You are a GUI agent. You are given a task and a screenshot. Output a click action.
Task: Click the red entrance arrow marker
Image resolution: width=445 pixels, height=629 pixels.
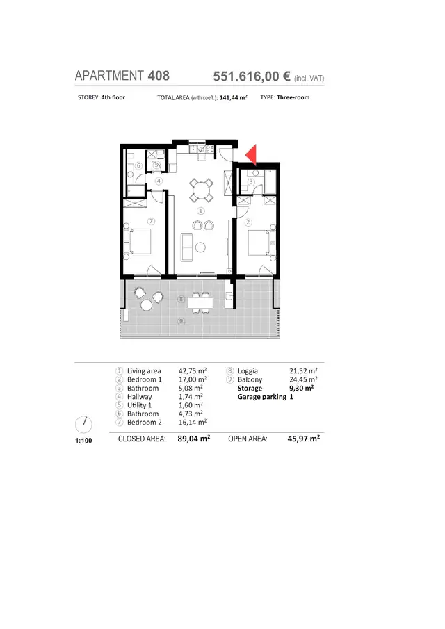(x=252, y=155)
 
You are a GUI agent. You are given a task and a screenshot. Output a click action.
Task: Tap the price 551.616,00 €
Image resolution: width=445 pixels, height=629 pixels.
(x=252, y=76)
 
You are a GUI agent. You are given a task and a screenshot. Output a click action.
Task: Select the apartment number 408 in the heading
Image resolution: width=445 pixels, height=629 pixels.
(x=159, y=76)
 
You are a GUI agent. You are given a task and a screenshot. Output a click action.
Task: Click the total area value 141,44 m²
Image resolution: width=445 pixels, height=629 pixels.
(x=234, y=97)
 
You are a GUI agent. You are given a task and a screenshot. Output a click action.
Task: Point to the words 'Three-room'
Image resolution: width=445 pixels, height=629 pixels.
(x=293, y=97)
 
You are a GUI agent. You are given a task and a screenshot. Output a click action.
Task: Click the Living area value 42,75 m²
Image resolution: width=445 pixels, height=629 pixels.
(x=193, y=371)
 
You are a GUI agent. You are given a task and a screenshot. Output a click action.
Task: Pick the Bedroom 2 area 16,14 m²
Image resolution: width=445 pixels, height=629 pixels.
(x=193, y=422)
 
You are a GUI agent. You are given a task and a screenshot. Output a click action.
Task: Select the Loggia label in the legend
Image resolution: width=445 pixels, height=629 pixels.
(x=248, y=371)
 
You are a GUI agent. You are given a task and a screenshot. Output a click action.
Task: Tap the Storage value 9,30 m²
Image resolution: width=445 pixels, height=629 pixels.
(x=301, y=389)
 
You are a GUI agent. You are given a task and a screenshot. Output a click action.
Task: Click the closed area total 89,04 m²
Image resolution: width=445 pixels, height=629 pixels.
(x=194, y=439)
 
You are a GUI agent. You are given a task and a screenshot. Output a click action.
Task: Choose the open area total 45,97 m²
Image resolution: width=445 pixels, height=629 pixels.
(x=304, y=439)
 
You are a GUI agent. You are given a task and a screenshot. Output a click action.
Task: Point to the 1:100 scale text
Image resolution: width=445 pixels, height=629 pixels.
(x=83, y=441)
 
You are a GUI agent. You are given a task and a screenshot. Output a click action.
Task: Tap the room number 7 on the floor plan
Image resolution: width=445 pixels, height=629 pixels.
(x=152, y=221)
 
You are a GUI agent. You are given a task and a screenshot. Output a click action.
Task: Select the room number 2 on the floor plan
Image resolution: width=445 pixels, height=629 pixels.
(x=248, y=222)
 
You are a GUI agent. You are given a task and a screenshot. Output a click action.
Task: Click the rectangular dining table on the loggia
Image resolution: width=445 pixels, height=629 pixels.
(x=201, y=303)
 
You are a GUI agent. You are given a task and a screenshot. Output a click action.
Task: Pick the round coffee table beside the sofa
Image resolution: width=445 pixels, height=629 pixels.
(x=200, y=247)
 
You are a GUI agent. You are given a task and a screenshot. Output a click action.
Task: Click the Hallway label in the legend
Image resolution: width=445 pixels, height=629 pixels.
(x=140, y=397)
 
